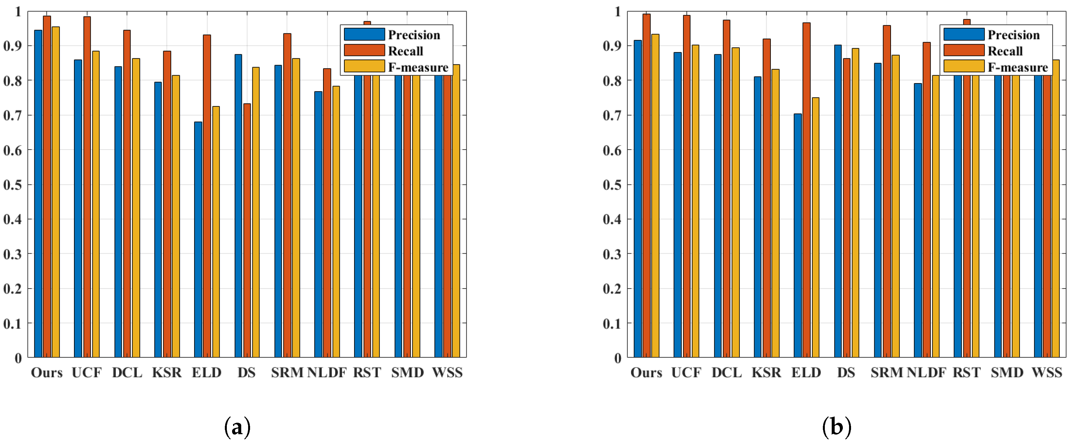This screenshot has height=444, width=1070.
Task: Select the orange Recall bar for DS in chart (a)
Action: [247, 231]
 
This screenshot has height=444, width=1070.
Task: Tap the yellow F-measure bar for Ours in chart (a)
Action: [56, 191]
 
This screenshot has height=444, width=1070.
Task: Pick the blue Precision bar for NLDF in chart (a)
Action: [318, 224]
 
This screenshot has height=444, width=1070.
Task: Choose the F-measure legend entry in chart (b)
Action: [1017, 67]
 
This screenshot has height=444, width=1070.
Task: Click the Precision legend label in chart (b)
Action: [1013, 35]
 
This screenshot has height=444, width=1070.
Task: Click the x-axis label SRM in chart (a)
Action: [287, 373]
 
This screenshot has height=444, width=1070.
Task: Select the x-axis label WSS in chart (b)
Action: [1047, 373]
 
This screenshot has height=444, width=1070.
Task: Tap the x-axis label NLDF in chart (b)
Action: [926, 373]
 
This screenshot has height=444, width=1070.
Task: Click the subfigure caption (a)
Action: [237, 427]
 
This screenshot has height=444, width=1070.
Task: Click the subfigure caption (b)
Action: [837, 427]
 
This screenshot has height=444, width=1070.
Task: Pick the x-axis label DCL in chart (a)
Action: [127, 373]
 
